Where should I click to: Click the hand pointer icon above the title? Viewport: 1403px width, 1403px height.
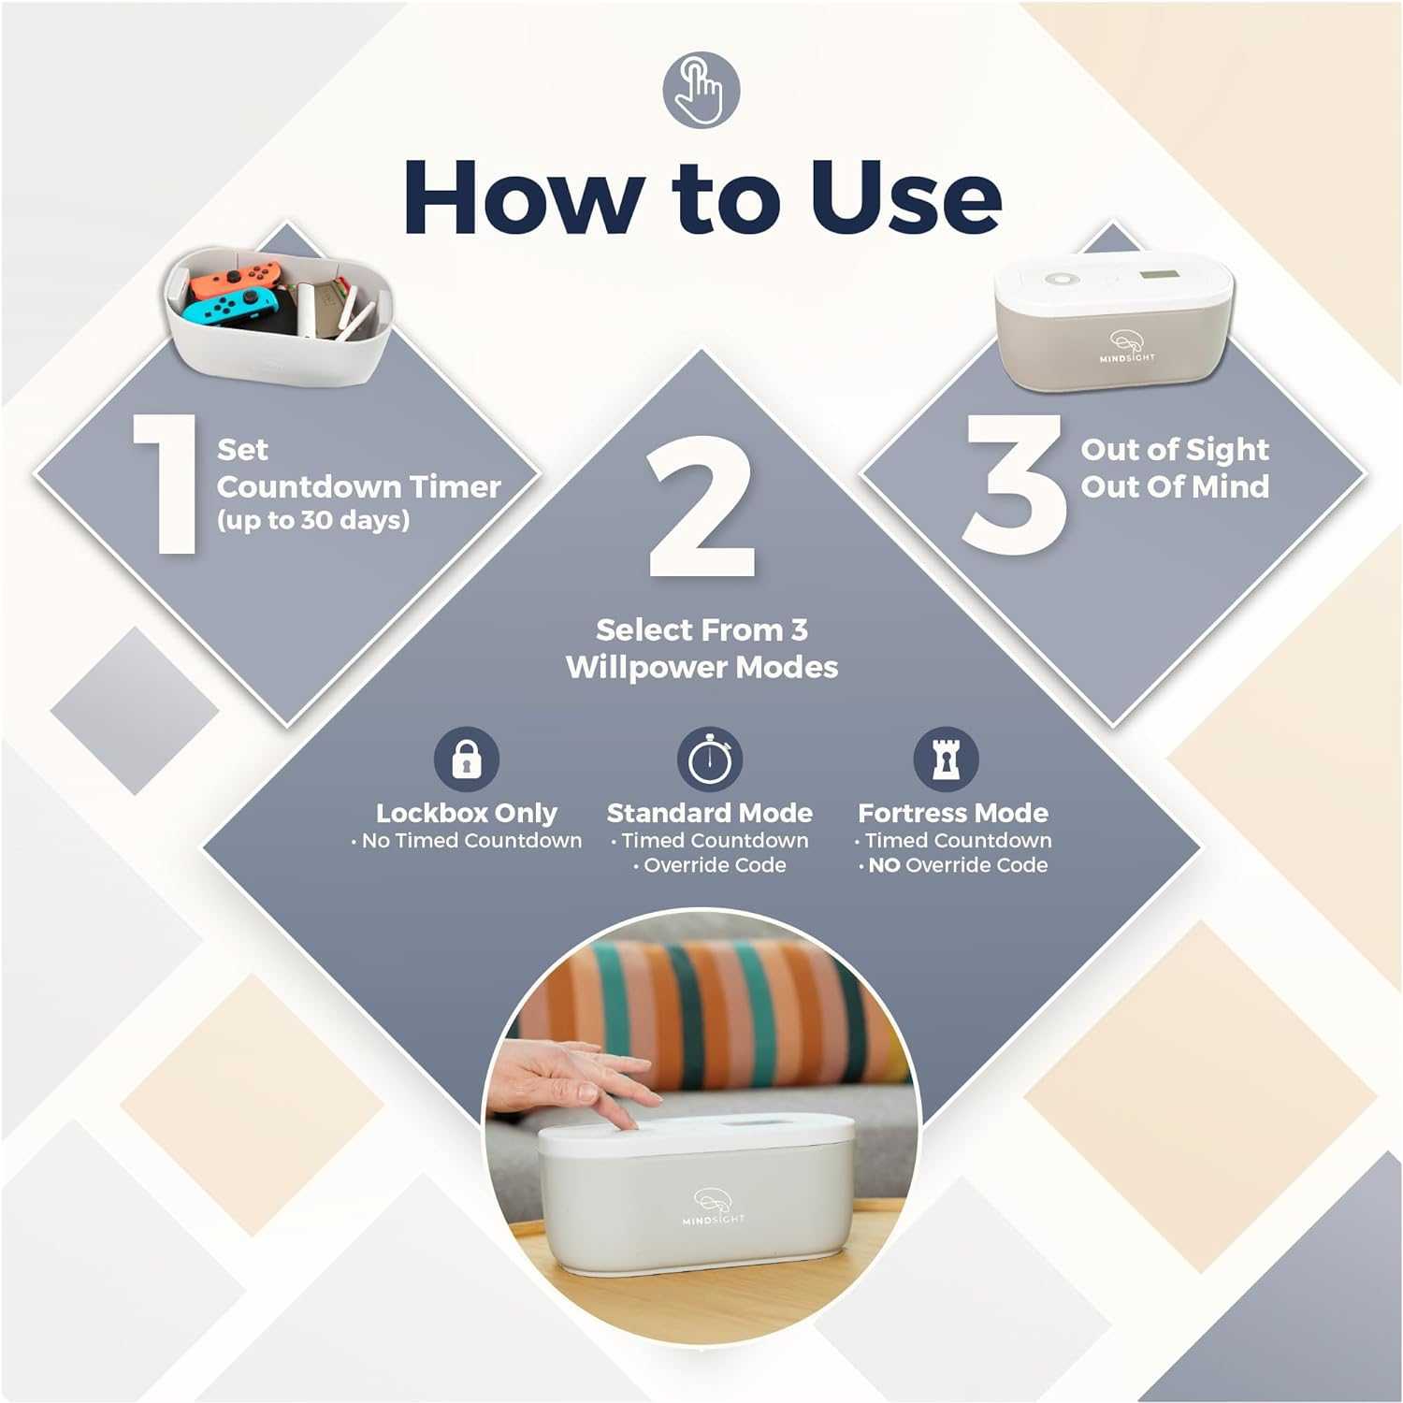point(701,91)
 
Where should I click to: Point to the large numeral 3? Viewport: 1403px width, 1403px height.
point(1015,485)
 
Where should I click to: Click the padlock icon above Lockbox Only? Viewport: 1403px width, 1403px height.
point(466,759)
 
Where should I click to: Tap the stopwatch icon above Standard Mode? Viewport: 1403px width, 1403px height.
point(709,759)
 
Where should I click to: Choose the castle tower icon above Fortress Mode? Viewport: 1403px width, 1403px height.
point(946,759)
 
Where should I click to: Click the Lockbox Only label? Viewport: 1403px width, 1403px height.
point(466,813)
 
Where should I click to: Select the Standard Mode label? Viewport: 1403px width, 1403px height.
point(709,813)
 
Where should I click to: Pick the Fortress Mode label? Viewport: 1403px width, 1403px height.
point(952,813)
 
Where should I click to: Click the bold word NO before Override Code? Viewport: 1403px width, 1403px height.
point(884,866)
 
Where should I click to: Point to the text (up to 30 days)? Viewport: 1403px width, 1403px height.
point(313,520)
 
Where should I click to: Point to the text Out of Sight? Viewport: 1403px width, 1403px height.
point(1175,450)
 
